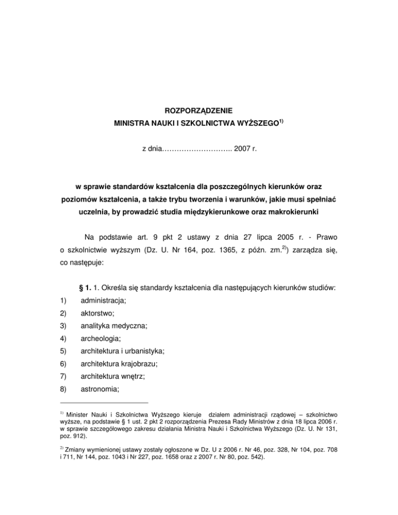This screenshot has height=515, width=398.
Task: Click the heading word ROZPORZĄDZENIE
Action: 198,110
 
